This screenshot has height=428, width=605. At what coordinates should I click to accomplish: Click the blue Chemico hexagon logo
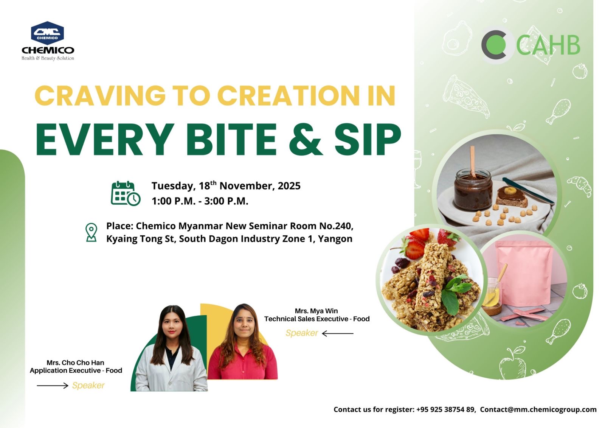[x=48, y=33]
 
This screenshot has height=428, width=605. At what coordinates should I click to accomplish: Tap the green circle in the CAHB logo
[x=499, y=45]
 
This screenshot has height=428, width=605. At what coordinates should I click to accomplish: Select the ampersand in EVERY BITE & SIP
[x=306, y=140]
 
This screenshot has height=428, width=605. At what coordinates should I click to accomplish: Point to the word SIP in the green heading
[x=368, y=140]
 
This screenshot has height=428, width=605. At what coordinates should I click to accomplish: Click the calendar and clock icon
[x=126, y=193]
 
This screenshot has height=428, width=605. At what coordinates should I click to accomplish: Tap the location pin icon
[x=91, y=232]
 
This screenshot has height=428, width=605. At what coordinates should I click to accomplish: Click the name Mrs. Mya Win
[x=316, y=311]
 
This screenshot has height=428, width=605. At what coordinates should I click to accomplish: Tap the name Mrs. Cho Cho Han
[x=75, y=363]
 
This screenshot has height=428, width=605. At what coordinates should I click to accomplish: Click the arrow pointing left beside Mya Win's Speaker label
[x=338, y=333]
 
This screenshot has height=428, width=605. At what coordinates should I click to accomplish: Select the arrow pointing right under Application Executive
[x=53, y=385]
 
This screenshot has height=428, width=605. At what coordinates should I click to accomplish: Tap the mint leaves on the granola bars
[x=456, y=293]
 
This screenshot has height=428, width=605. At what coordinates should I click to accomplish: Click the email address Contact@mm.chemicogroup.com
[x=538, y=409]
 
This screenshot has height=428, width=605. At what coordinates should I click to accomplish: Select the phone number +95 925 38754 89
[x=445, y=409]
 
